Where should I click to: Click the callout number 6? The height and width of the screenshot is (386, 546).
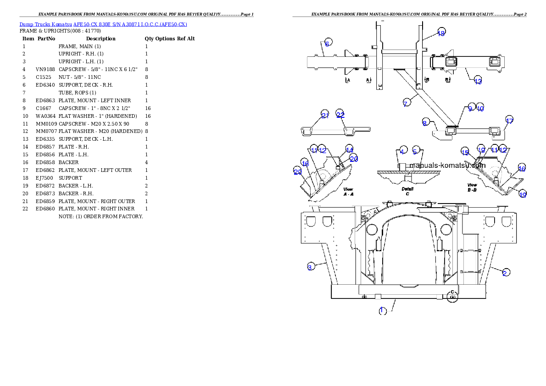point(327,44)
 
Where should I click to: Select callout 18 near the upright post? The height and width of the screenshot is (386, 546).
point(441,33)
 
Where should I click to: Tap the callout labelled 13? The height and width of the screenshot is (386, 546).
point(478,82)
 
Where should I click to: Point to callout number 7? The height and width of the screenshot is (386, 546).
point(405,104)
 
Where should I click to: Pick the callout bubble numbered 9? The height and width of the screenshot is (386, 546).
point(470,109)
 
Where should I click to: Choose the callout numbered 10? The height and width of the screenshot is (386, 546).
point(480,109)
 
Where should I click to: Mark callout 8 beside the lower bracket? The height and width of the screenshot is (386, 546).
point(425,123)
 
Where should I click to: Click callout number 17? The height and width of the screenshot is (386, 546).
point(509,121)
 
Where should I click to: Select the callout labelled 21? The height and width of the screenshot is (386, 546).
point(325,116)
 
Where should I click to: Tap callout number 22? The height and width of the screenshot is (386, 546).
point(340,115)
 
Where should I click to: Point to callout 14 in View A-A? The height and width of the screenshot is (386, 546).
point(350,150)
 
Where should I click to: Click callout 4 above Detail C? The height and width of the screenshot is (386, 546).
point(402,151)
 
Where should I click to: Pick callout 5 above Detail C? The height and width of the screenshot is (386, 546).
point(415,151)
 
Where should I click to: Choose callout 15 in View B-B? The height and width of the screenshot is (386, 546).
point(465,153)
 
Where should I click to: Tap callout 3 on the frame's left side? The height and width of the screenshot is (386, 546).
point(310,267)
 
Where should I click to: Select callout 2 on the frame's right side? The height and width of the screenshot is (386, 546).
point(505,273)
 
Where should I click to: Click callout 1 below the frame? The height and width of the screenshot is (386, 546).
point(382,311)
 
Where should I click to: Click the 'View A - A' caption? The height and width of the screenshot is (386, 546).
point(348,192)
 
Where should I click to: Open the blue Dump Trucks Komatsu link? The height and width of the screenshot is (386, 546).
point(103,24)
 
